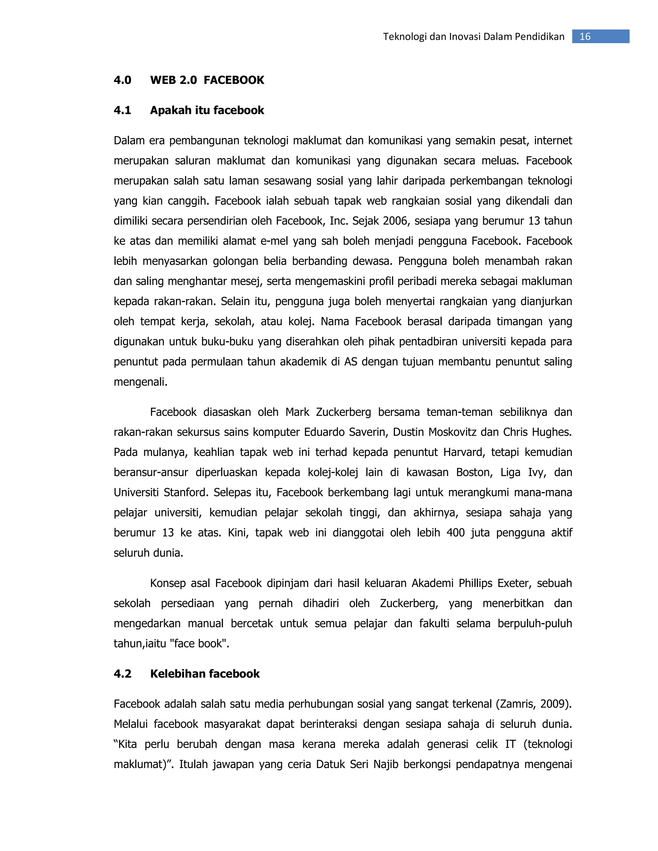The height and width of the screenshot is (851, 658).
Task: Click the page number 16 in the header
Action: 585,37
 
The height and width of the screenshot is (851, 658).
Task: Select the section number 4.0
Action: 122,80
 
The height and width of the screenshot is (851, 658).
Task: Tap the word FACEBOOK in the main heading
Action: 234,80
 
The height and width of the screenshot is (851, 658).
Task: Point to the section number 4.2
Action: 122,674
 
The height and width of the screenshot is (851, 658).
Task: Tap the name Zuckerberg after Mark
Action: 343,412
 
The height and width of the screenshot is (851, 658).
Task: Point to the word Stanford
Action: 186,493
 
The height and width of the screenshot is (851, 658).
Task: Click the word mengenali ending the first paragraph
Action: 140,382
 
